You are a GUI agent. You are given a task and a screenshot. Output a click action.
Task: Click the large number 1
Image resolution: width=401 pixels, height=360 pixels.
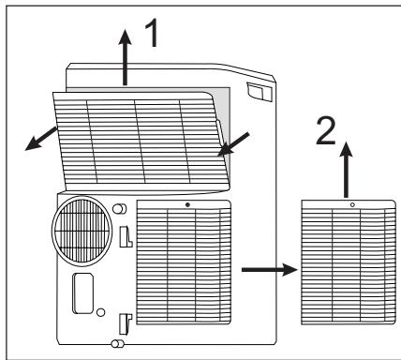(153, 33)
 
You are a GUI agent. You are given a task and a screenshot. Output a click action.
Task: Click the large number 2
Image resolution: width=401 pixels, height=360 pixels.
(326, 131)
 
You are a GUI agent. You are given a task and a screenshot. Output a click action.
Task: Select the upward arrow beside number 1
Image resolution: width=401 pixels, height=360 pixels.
(126, 57)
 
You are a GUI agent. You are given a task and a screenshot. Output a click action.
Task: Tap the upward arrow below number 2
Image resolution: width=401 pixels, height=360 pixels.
(346, 170)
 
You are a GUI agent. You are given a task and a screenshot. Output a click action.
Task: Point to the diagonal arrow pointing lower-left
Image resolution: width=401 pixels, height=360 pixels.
(41, 139)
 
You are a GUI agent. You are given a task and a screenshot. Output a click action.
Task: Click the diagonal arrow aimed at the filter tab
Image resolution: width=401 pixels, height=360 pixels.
(233, 144)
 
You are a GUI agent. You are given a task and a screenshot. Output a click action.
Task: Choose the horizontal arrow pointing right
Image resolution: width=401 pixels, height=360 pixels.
(270, 269)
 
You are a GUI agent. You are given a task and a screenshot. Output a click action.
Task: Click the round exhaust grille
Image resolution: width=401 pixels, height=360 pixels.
(82, 231)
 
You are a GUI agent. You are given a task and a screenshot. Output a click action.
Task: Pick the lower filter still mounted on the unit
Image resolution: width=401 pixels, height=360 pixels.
(184, 262)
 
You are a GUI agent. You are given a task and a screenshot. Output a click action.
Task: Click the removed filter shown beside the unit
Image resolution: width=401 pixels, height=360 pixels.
(349, 262)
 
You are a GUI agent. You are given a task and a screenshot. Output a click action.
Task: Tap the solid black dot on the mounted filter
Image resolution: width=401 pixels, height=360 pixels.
(187, 204)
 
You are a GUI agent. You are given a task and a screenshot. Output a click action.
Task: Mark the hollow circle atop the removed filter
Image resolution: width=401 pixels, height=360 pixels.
(352, 204)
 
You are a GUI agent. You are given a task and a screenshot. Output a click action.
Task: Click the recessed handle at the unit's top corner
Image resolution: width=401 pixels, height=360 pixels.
(260, 92)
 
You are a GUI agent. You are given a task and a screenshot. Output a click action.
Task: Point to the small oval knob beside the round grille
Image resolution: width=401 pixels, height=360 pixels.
(119, 209)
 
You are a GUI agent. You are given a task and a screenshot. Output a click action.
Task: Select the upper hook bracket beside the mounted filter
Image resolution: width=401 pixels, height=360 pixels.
(126, 236)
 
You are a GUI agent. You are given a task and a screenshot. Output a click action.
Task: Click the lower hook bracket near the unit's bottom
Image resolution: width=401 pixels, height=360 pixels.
(126, 324)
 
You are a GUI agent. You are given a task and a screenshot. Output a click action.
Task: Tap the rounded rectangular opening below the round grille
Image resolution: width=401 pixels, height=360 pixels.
(82, 293)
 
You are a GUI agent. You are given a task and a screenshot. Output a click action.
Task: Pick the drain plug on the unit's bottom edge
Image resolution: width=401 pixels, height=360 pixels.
(117, 344)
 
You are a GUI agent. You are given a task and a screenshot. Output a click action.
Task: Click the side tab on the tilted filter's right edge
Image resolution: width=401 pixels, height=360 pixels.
(219, 133)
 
